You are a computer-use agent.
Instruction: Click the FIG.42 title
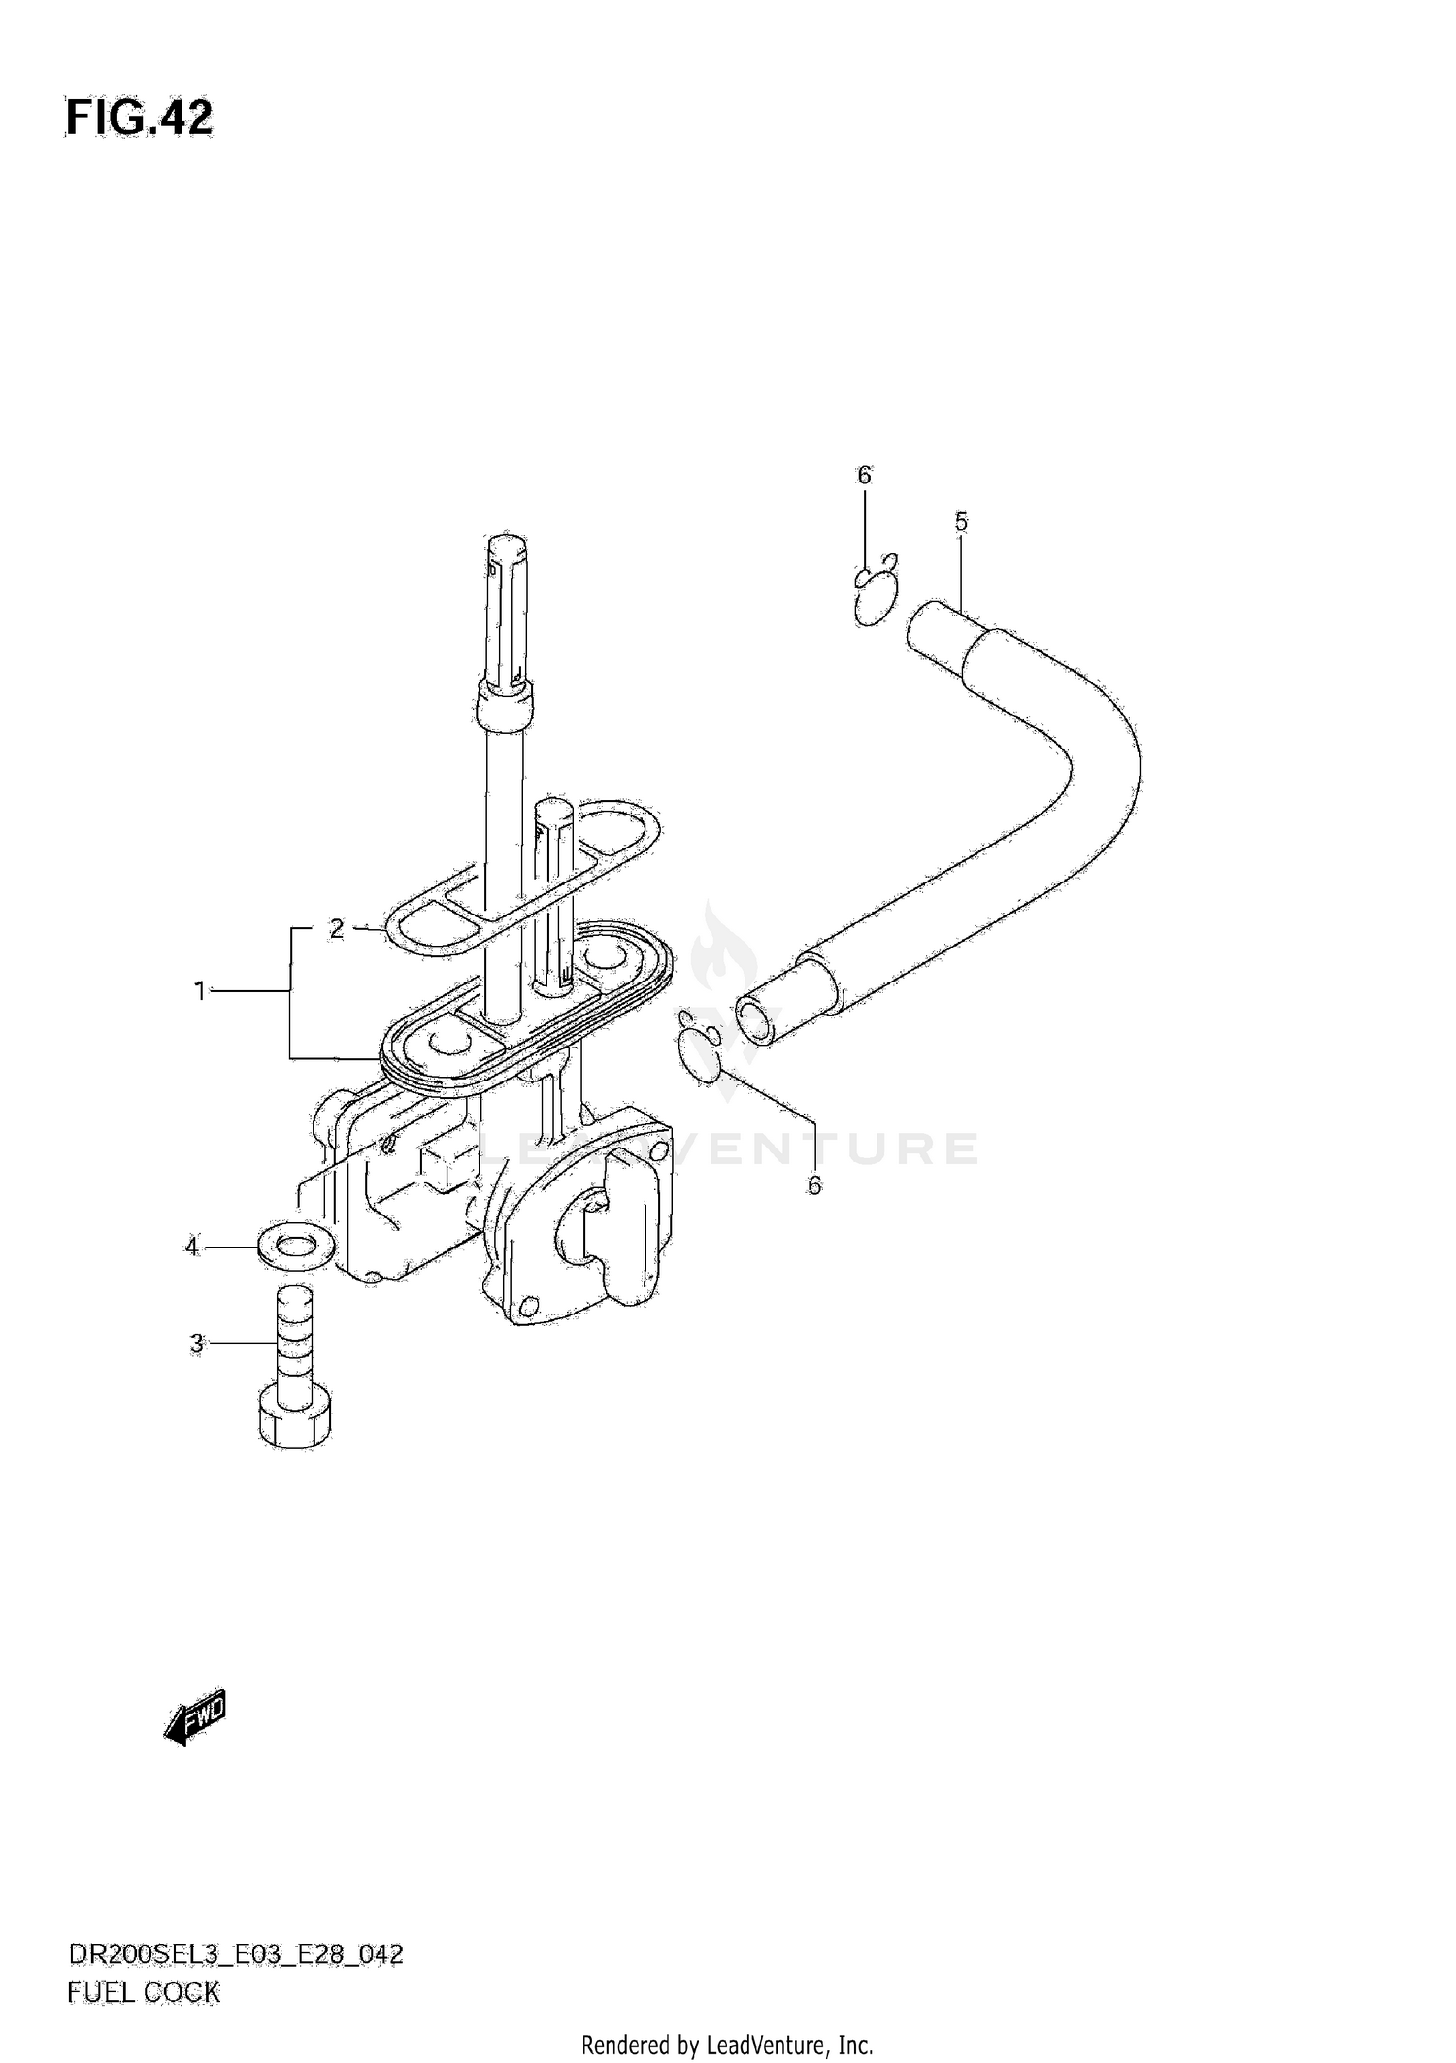click(x=139, y=118)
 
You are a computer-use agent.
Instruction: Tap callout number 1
click(x=200, y=991)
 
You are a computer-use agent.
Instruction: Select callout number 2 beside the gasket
click(x=336, y=929)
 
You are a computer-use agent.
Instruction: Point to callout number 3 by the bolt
click(x=197, y=1344)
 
